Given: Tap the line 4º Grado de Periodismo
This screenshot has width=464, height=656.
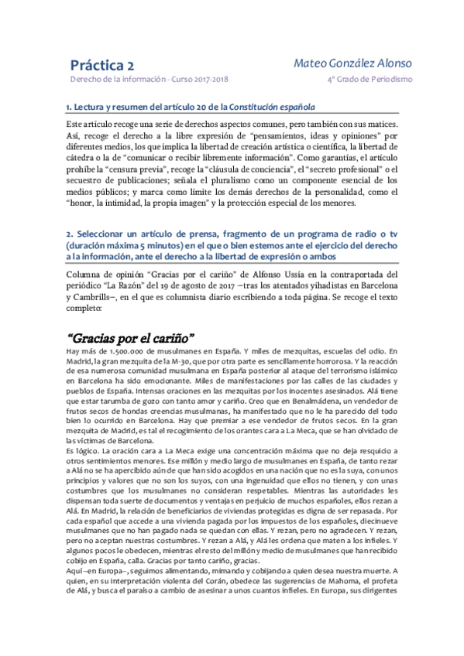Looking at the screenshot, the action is (369, 80).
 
